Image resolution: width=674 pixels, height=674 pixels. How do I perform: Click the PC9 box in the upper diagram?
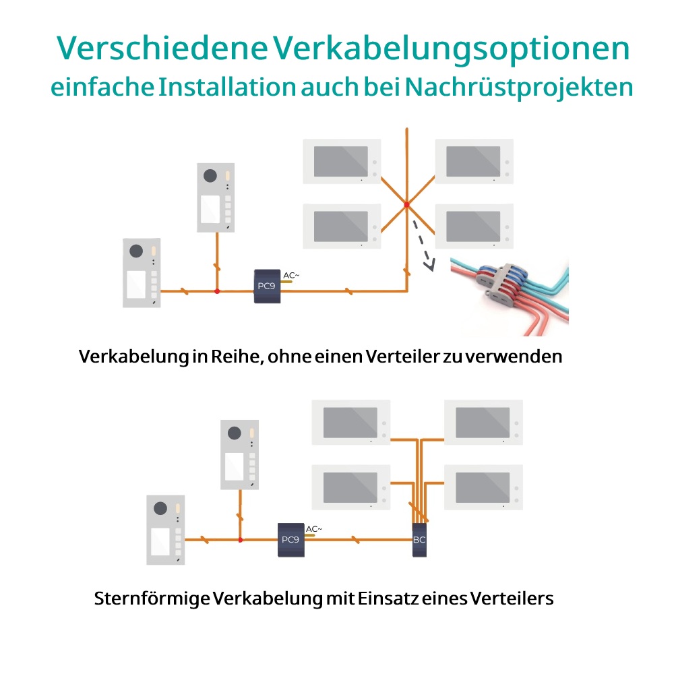(267, 286)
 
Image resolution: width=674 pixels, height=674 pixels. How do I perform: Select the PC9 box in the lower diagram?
(291, 540)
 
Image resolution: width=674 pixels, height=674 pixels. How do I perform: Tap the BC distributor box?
(419, 540)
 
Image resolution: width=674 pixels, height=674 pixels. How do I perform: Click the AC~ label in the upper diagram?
(291, 275)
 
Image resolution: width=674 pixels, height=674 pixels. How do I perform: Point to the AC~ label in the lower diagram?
(314, 528)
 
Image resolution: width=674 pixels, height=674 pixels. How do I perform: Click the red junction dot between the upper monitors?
(406, 205)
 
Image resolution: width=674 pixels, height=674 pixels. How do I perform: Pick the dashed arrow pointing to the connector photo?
(424, 246)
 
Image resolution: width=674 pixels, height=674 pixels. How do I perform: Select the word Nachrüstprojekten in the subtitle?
(519, 88)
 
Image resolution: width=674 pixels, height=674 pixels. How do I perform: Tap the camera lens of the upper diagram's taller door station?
(210, 175)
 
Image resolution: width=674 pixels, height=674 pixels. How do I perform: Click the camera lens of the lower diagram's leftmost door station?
(160, 508)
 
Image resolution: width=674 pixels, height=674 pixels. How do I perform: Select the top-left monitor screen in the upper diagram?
(341, 161)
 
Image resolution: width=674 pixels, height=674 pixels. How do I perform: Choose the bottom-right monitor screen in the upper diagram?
(473, 226)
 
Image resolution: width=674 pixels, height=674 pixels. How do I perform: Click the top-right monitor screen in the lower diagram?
(483, 423)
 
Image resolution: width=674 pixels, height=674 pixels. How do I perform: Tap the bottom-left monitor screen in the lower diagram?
(350, 487)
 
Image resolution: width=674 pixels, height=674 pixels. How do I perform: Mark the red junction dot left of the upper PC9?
(217, 291)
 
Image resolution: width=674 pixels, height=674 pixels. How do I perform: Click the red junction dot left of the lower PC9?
(241, 540)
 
